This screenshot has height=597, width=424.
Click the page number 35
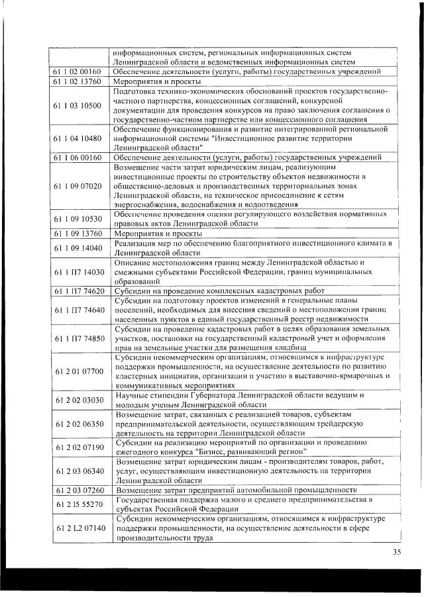pos(396,553)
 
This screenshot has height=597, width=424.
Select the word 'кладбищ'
pos(289,347)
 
